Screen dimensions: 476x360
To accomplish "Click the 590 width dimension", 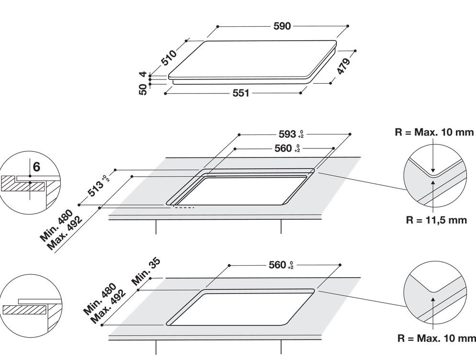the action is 282,26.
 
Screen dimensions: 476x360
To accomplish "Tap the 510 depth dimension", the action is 169,57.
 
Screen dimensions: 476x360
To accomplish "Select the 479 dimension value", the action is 343,66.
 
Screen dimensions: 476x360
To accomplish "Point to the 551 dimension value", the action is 241,93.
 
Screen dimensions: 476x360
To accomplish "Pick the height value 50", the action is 143,89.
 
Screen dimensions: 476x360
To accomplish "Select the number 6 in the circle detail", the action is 36,167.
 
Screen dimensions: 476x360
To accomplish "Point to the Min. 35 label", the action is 146,271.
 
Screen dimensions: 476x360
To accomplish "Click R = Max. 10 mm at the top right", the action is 434,132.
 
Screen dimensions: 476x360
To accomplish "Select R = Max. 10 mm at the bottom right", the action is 437,338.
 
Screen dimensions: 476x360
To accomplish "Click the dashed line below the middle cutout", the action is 184,208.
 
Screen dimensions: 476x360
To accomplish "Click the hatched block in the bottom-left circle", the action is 24,310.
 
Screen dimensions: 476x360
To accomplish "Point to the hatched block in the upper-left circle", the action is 23,184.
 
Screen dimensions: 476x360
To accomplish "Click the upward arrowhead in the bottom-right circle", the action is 433,300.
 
